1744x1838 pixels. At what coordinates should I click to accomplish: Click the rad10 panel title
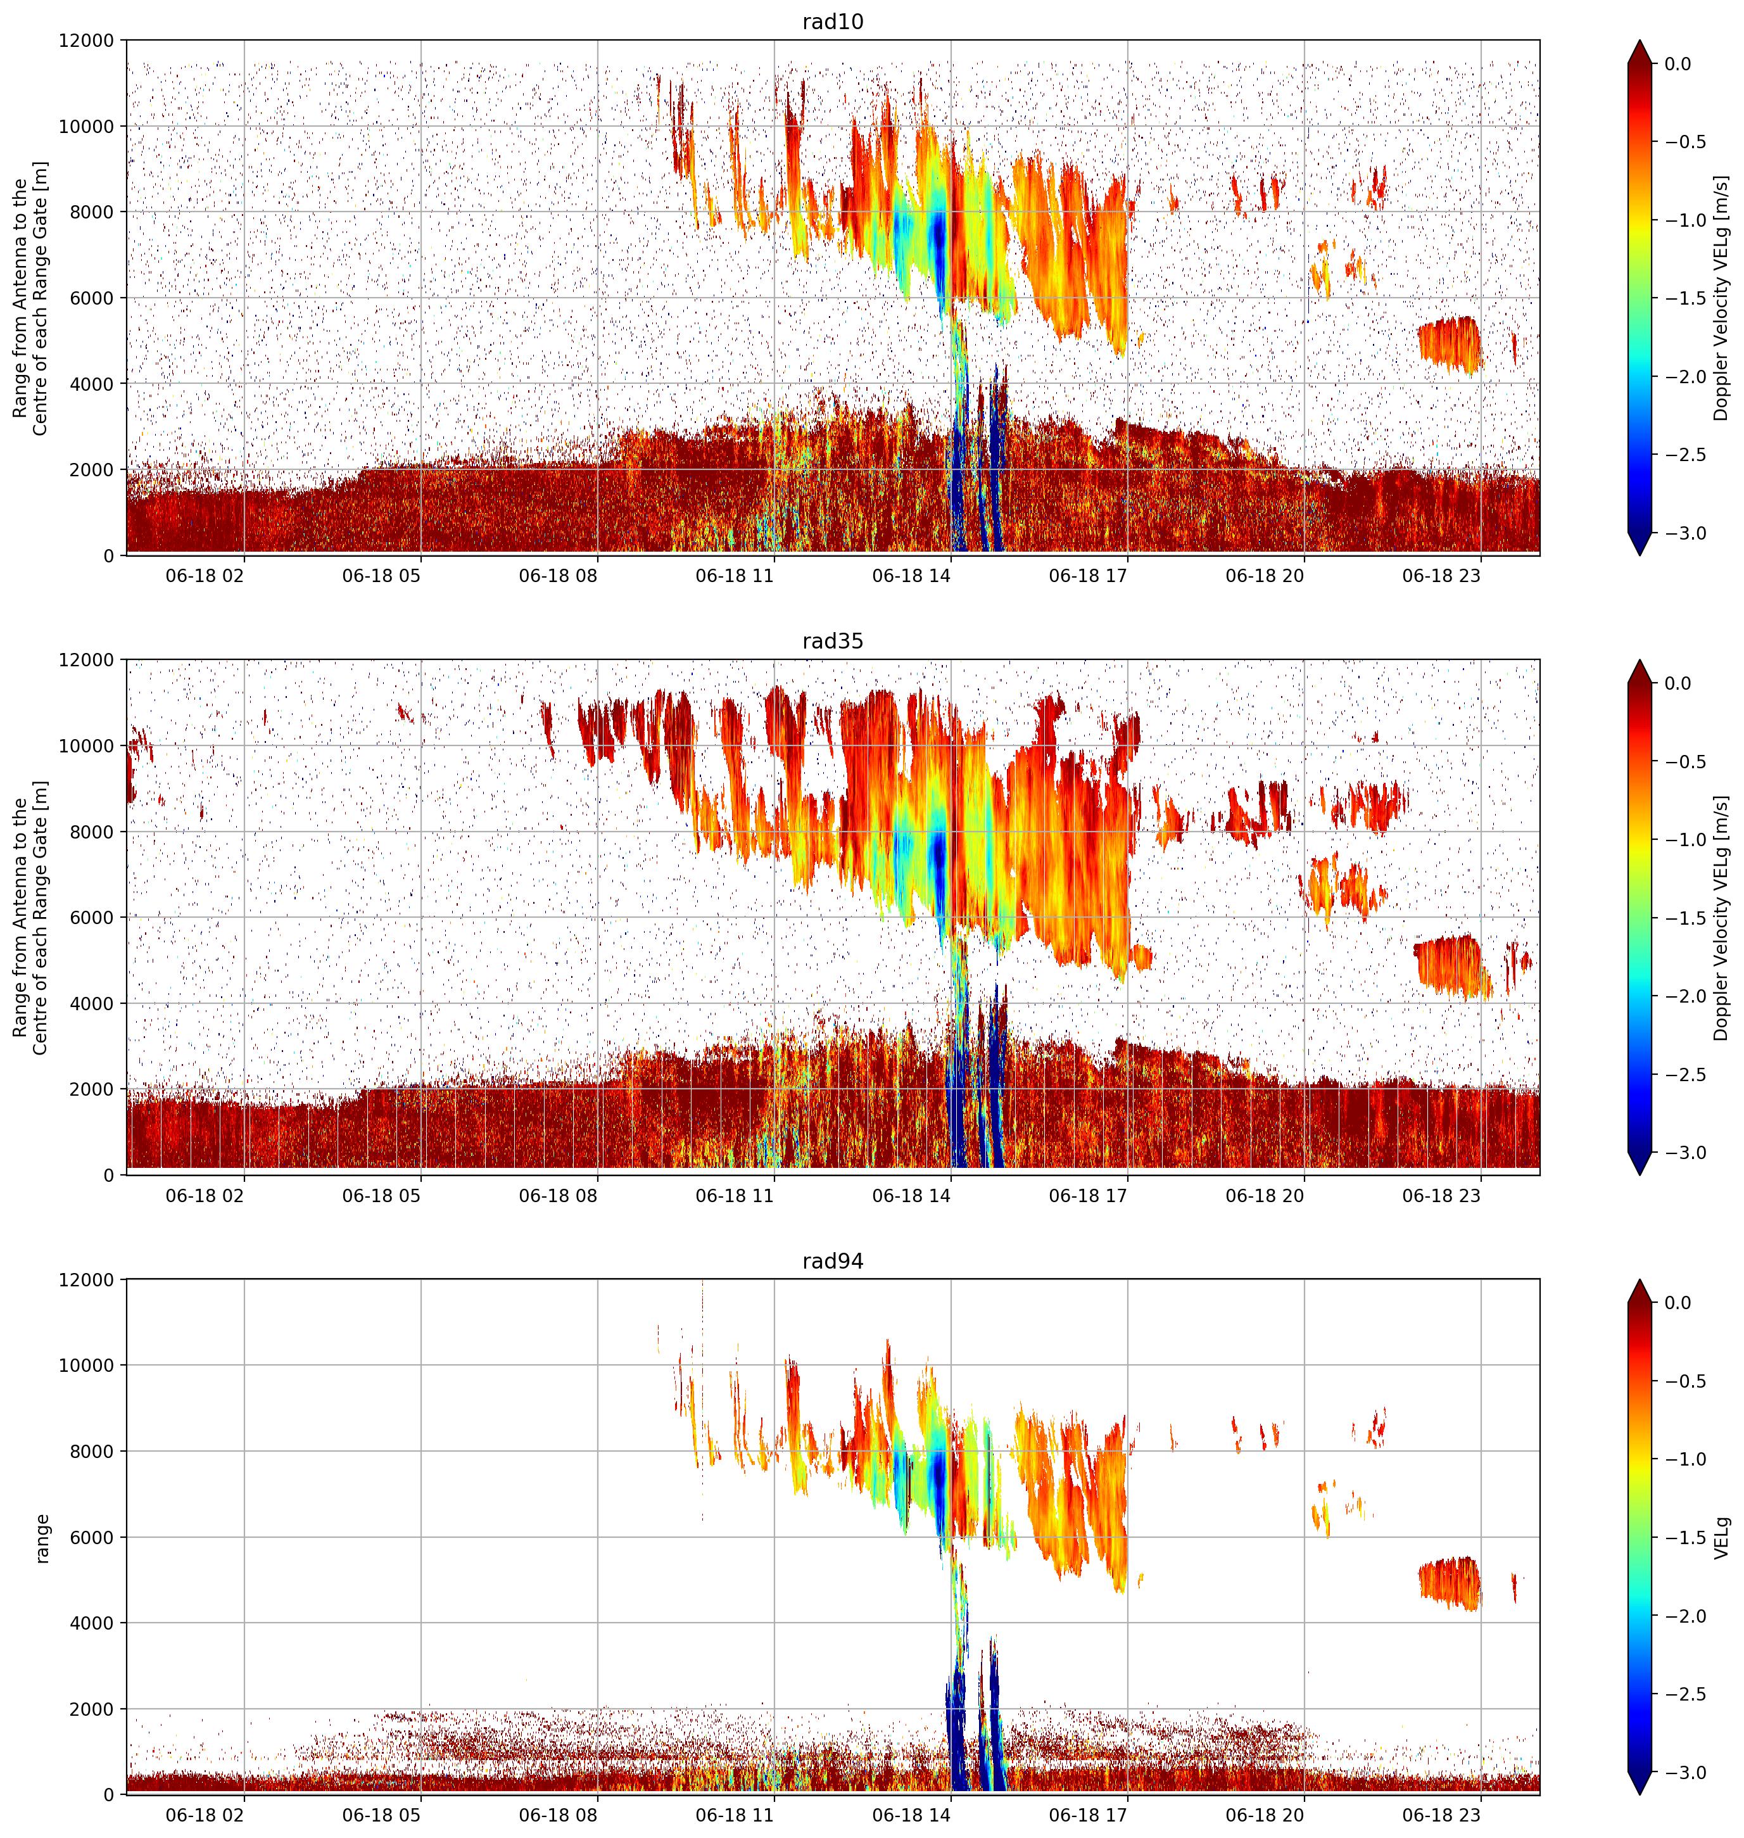point(832,22)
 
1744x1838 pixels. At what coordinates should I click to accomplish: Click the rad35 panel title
point(832,640)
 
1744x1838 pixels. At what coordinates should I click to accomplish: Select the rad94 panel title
point(832,1260)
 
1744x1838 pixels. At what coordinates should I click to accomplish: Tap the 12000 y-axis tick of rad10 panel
point(85,41)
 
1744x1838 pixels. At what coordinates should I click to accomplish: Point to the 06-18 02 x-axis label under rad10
point(205,576)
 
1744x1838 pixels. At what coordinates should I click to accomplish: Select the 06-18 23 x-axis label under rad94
point(1441,1815)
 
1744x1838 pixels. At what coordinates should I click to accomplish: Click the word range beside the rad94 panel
point(42,1538)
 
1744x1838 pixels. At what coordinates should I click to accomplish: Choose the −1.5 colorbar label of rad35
point(1684,918)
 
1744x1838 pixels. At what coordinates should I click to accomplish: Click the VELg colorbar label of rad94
point(1722,1538)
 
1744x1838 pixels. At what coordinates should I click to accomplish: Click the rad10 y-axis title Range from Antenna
point(20,298)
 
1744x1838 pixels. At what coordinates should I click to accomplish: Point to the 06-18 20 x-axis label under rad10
point(1265,576)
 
